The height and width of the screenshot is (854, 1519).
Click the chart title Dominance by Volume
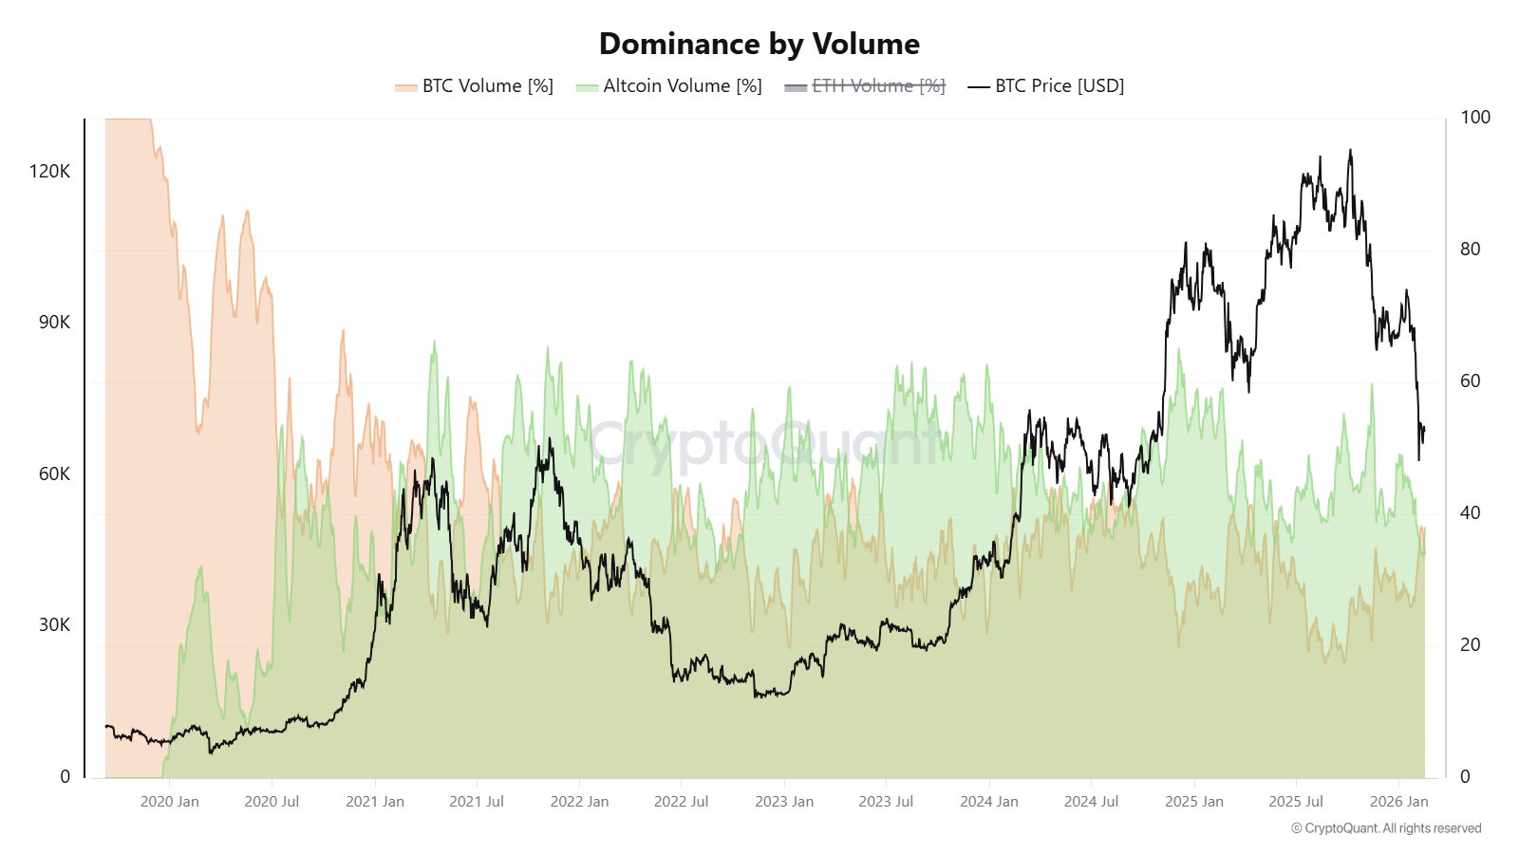coord(759,44)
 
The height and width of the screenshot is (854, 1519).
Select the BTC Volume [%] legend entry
coord(475,86)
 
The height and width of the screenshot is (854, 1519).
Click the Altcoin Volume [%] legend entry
coord(669,86)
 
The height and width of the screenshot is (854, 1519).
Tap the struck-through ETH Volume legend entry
coord(865,86)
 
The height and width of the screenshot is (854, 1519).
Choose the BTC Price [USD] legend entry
coord(1046,86)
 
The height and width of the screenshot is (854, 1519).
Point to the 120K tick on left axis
coord(49,172)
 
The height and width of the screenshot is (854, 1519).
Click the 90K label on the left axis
coord(54,323)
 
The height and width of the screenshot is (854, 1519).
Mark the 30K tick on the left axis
coord(54,625)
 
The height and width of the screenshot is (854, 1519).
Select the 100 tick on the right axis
coord(1474,118)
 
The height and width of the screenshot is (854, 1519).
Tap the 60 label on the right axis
coord(1470,381)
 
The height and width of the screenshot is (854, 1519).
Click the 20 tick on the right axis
coord(1470,645)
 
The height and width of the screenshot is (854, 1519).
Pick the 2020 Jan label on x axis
coord(170,802)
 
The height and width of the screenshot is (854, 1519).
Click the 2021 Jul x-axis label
coord(477,802)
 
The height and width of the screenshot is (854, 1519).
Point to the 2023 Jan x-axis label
coord(784,802)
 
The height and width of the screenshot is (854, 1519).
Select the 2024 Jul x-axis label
coord(1091,802)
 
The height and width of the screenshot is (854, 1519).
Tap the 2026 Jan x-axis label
coord(1398,802)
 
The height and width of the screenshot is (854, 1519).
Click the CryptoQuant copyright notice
coord(1385,828)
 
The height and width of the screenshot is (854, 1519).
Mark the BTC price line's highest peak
coord(1350,151)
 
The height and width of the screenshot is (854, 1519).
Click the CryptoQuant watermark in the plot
coord(759,443)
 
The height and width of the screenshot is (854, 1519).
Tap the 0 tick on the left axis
coord(65,777)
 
